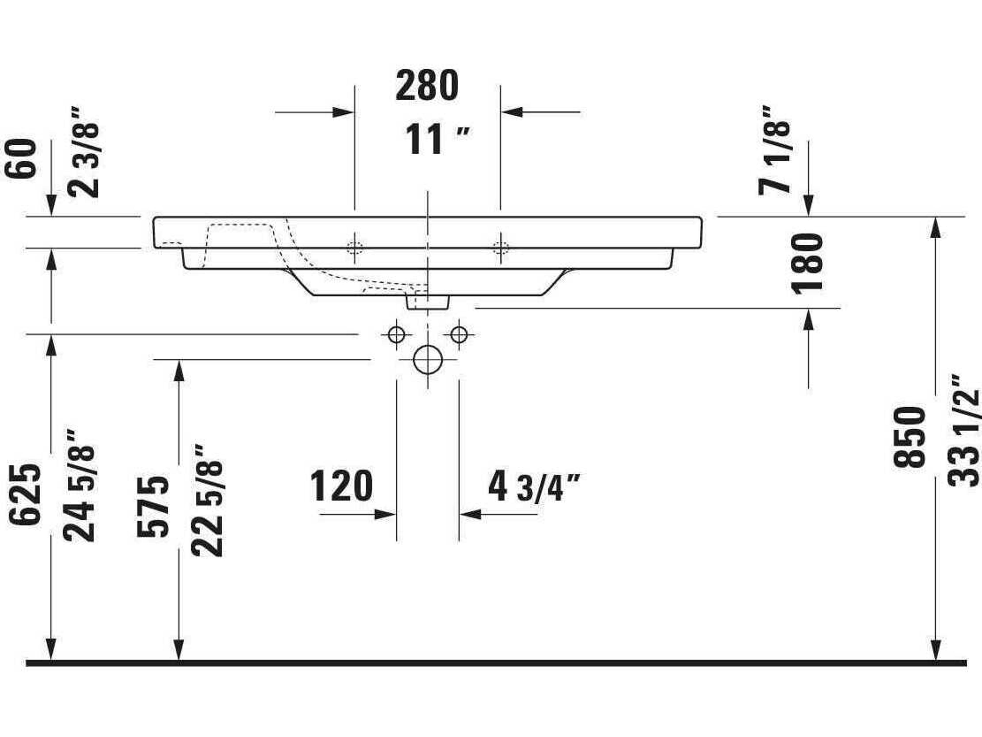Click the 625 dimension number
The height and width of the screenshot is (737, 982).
[26, 494]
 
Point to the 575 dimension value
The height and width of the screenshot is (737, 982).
[153, 506]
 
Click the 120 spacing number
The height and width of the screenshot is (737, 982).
[341, 486]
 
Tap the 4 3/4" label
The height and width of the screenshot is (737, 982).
[534, 488]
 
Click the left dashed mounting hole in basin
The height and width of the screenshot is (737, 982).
[354, 247]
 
